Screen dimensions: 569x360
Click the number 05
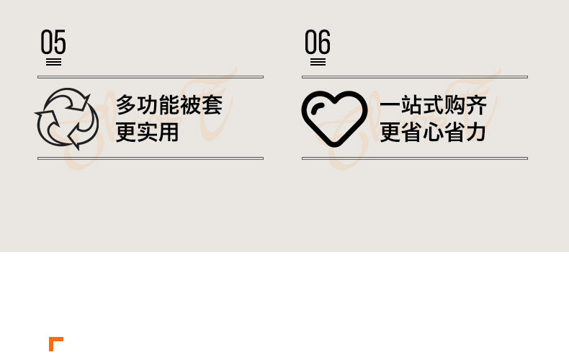(53, 43)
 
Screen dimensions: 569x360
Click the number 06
(318, 43)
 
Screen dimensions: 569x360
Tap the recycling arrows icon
(67, 117)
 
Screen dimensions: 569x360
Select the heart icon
(333, 119)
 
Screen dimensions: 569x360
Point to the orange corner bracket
(55, 343)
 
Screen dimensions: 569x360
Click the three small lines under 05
(53, 62)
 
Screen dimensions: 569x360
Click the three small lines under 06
(318, 62)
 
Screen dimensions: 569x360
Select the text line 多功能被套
(169, 105)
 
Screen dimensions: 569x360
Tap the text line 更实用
(148, 132)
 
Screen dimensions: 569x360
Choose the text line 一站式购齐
(434, 105)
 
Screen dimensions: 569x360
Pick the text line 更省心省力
(434, 132)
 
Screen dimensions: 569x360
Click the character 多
(127, 105)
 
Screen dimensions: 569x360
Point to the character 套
(212, 105)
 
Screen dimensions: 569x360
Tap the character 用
(169, 132)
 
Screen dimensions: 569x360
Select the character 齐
(477, 105)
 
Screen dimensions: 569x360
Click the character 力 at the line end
(477, 132)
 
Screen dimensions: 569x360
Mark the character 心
(434, 132)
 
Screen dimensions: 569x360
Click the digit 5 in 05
(60, 43)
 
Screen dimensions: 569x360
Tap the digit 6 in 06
(324, 43)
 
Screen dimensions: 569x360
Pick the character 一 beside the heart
(390, 106)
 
